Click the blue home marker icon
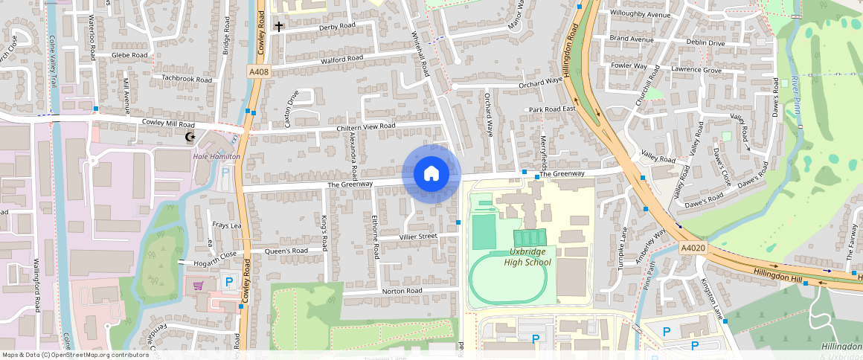(x=431, y=174)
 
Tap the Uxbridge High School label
(x=527, y=257)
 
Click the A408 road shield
(x=258, y=71)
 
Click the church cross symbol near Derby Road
(x=279, y=27)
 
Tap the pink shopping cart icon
(x=198, y=285)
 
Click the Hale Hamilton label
(x=216, y=156)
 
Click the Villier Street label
(x=418, y=237)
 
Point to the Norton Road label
(x=402, y=291)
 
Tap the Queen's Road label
(x=286, y=251)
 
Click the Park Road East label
(x=553, y=109)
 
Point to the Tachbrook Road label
(x=187, y=79)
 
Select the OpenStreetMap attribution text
(x=75, y=355)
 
